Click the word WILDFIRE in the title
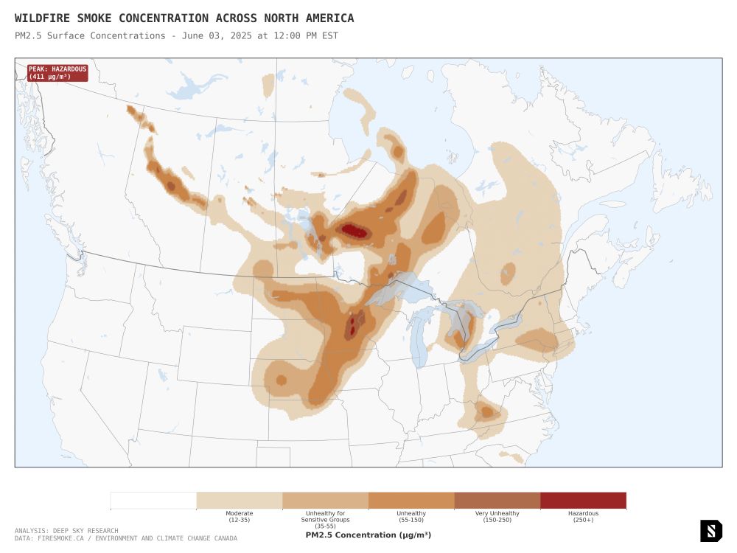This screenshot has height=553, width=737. [x=42, y=18]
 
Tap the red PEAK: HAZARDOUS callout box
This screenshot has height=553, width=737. [x=57, y=72]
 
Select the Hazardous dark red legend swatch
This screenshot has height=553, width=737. [x=583, y=501]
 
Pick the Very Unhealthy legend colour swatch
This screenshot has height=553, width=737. [x=497, y=501]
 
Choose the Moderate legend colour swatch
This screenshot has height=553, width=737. [x=240, y=501]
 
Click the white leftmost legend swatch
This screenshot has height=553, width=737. [x=153, y=501]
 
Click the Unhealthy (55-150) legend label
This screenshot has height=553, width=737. [x=411, y=516]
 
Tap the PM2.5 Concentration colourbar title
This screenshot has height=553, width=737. [x=368, y=535]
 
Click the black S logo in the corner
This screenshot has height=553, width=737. [x=710, y=530]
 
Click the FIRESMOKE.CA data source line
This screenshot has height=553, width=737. [x=125, y=538]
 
